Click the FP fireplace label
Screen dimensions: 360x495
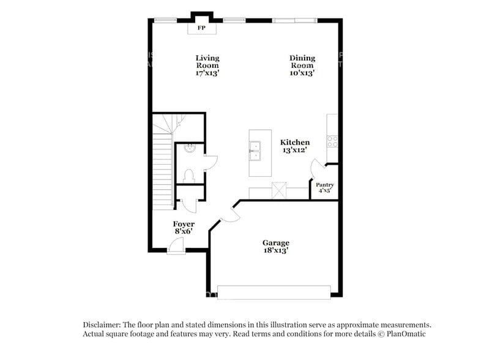201,28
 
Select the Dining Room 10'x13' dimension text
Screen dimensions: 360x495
302,73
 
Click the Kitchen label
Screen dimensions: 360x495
295,142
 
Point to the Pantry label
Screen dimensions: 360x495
324,185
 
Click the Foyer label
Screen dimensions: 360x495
184,224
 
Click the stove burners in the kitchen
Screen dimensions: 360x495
332,141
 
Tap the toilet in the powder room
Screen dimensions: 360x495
189,175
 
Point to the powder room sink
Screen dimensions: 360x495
190,148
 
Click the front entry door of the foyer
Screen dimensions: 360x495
176,246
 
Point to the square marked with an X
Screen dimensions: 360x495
279,191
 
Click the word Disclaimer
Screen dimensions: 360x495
102,324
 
